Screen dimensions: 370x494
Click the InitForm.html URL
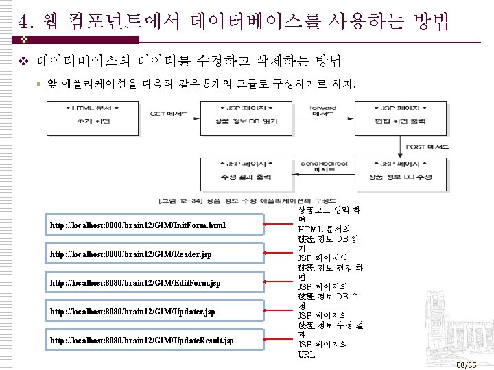coord(137,225)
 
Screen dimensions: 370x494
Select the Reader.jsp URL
coord(130,254)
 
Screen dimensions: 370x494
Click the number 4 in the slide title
coord(25,19)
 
